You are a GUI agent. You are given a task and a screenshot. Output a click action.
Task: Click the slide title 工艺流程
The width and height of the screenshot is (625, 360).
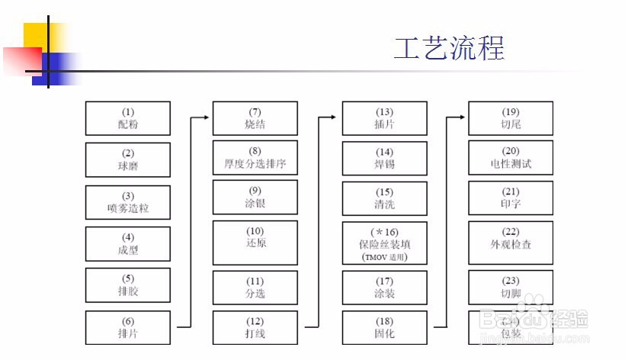(449, 49)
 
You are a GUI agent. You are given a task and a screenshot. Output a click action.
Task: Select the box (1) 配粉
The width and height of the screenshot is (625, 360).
(127, 118)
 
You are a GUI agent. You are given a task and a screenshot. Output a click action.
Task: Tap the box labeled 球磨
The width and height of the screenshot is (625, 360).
(127, 159)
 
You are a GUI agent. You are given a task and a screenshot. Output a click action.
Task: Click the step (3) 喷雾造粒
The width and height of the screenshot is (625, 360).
(127, 201)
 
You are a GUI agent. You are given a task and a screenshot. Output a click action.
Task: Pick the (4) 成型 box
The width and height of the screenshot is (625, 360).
(127, 243)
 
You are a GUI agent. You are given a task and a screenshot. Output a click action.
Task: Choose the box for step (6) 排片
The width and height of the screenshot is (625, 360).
(127, 326)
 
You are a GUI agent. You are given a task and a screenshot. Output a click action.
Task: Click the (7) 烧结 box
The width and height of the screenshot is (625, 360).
(255, 118)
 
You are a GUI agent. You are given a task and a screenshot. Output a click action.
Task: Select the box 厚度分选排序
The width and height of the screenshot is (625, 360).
(255, 157)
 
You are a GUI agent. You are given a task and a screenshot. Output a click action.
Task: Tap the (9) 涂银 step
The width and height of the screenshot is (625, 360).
(255, 198)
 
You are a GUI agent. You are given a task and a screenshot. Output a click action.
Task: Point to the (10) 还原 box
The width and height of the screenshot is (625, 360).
(255, 242)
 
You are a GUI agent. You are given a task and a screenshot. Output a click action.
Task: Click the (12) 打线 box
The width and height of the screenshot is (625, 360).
(255, 326)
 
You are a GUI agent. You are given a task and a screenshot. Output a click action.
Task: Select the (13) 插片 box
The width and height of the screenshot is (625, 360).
(384, 118)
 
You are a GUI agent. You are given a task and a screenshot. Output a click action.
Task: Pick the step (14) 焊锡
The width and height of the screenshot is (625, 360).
(384, 159)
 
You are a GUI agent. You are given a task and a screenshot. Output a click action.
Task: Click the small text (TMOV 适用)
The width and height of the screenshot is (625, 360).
(384, 257)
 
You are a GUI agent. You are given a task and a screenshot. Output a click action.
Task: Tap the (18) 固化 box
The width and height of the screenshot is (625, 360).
(384, 326)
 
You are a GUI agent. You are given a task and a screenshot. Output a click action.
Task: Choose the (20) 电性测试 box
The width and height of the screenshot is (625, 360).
(511, 159)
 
